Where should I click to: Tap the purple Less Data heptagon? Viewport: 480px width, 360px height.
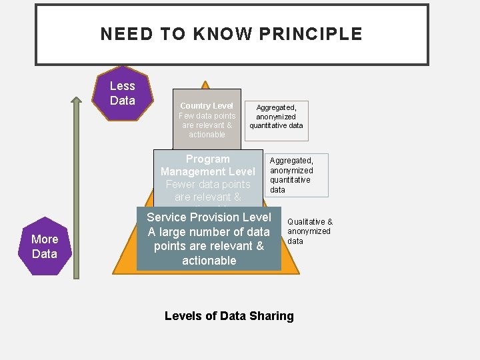coord(123,93)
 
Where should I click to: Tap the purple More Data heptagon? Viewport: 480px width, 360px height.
coord(45,246)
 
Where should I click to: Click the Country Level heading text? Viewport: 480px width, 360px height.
coord(207,106)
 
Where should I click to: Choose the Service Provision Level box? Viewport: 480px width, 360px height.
coord(209,239)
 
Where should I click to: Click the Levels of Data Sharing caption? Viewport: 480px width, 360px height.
coord(229,316)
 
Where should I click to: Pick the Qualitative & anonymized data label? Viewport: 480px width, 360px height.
coord(309,231)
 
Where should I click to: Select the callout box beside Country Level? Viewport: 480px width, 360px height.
coord(276,116)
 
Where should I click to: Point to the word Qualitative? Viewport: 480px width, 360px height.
coord(306,222)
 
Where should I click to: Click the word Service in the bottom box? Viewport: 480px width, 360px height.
coord(167,217)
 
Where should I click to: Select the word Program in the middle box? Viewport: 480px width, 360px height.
coord(208,159)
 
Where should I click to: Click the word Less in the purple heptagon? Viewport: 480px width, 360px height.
coord(123,86)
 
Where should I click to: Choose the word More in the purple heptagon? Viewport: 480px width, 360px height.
coord(45,239)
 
